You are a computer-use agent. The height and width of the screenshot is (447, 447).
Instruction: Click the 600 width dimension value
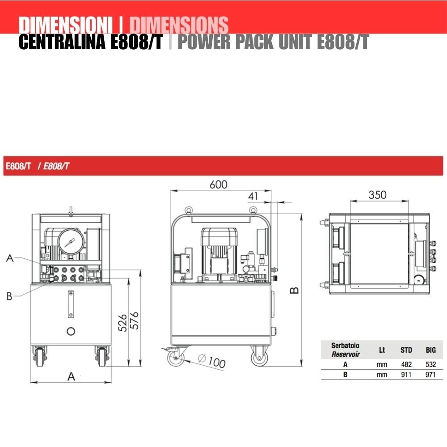coord(219,185)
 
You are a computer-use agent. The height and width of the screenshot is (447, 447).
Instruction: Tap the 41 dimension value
coord(253,196)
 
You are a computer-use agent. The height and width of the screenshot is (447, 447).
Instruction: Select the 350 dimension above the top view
coord(377,195)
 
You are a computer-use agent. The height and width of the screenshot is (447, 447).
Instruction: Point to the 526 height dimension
coord(122,323)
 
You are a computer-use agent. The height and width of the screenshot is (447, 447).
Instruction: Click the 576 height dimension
coord(134,320)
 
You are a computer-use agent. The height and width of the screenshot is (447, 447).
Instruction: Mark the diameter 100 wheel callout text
coord(212,361)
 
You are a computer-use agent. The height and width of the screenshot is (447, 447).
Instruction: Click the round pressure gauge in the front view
coord(71,241)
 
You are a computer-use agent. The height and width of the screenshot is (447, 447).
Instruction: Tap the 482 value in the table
coord(406,364)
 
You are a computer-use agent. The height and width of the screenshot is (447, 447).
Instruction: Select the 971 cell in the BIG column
coord(430,374)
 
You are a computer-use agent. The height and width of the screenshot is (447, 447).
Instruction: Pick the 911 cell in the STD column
coord(406,374)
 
